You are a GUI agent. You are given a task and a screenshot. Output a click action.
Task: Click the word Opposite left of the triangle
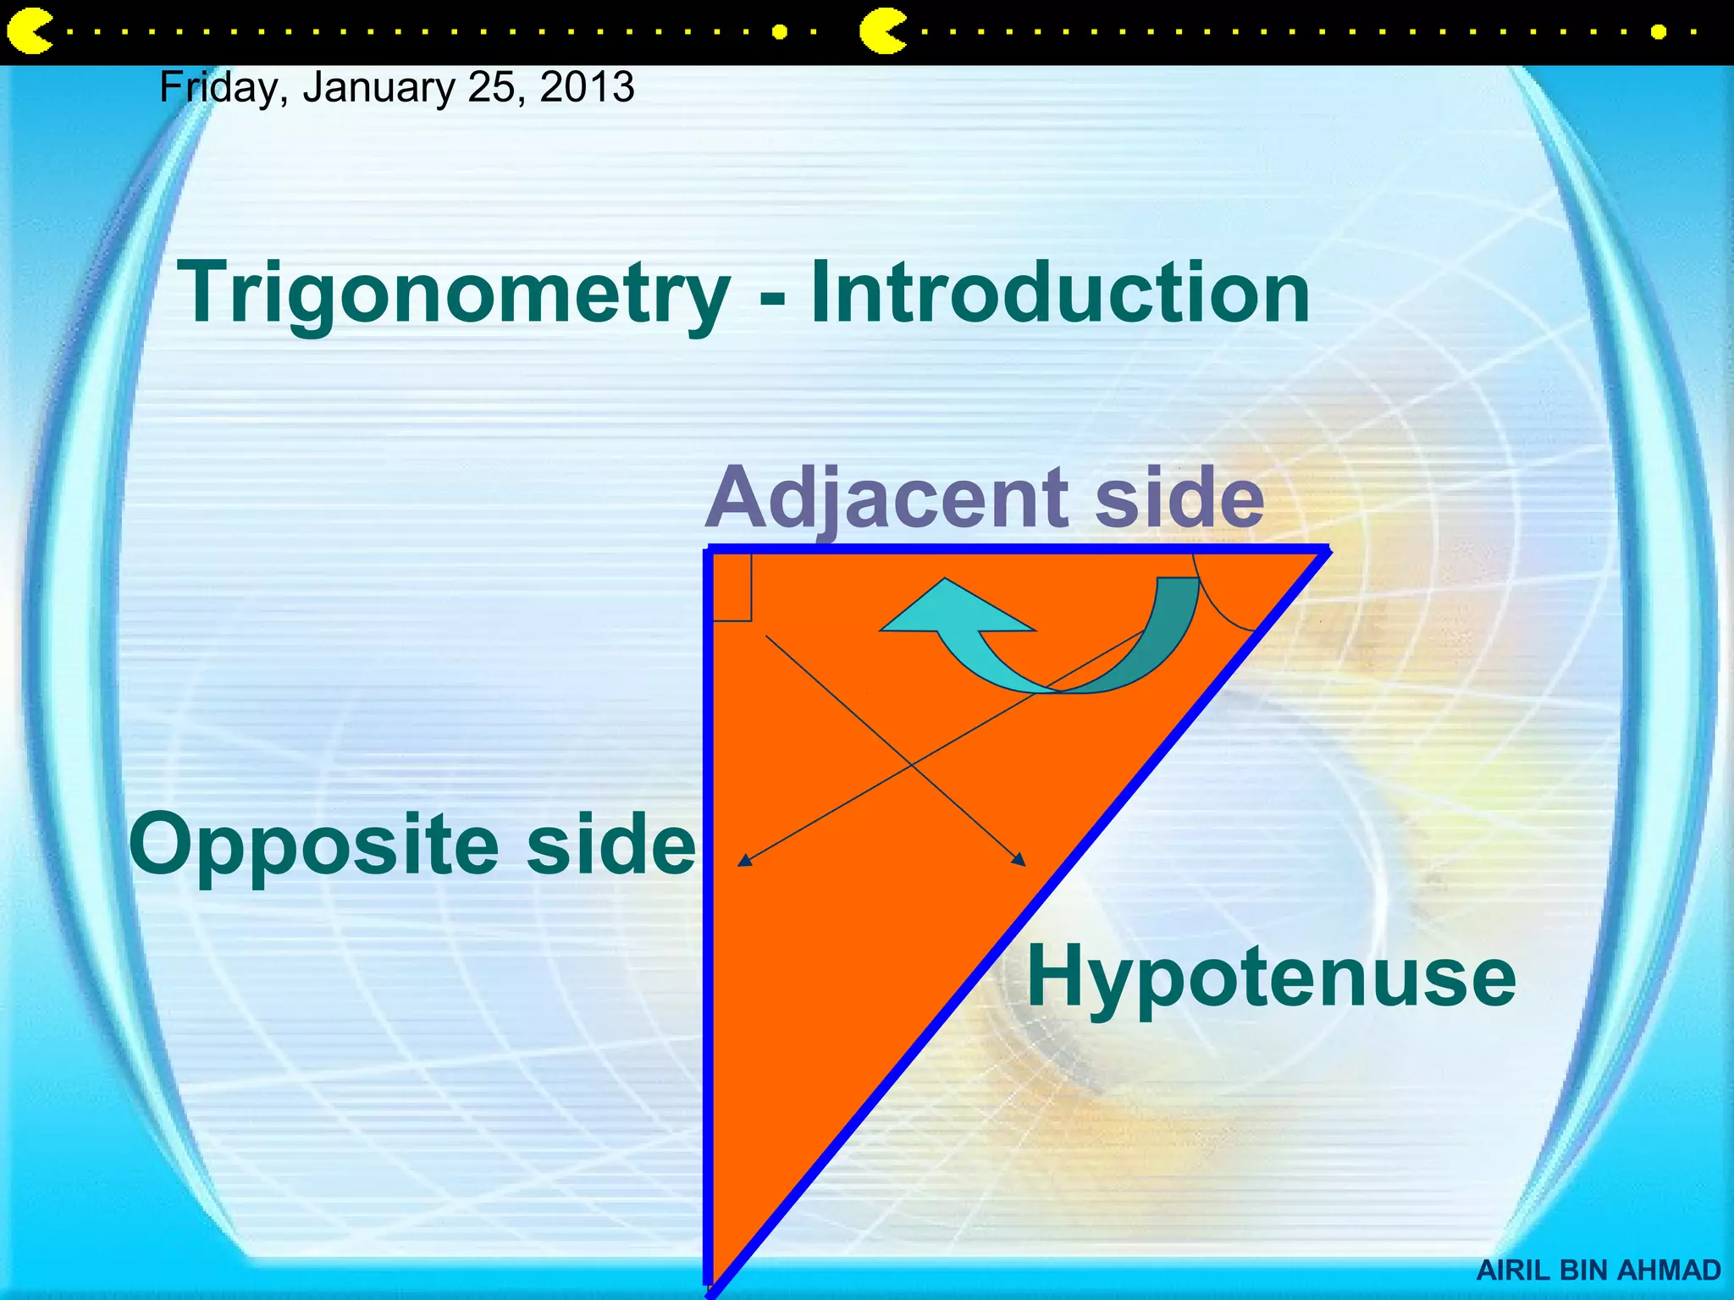pos(313,845)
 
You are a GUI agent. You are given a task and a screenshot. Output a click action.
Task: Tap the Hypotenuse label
pos(1270,978)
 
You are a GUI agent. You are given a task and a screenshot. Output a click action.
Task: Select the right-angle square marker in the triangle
pos(732,587)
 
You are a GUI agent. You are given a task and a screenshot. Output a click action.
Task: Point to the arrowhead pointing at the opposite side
pos(744,860)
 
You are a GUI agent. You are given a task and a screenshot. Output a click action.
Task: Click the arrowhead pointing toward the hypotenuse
pos(1019,859)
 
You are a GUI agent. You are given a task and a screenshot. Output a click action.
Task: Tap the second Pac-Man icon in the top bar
pos(881,32)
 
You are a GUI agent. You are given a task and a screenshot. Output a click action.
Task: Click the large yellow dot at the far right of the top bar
pos(1659,32)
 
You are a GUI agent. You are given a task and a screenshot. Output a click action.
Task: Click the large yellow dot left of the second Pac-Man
pos(780,32)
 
